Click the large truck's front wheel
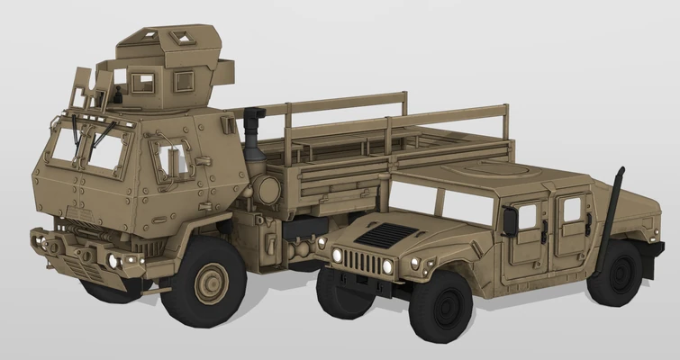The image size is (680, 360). coord(210,284)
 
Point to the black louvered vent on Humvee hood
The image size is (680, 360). coord(385,234)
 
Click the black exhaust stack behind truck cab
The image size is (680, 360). coord(253,135)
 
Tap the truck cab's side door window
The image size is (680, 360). coord(171,160)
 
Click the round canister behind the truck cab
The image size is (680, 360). coord(267,190)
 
